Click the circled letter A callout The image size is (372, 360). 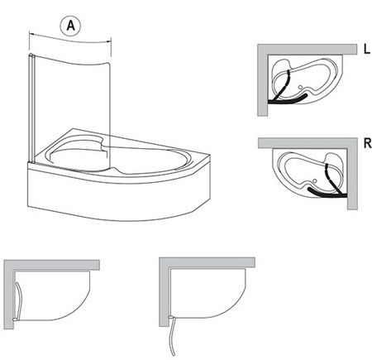[x=70, y=26]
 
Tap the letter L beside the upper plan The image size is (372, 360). [x=367, y=49]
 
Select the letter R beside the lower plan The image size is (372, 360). [x=367, y=143]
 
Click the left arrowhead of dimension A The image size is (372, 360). [x=31, y=34]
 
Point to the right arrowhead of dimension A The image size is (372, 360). [x=109, y=41]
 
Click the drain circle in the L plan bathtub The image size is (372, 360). [x=300, y=87]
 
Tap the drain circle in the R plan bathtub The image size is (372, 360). [x=315, y=181]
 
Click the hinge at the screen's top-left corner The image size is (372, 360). [x=31, y=55]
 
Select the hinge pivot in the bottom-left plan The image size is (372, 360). [x=15, y=319]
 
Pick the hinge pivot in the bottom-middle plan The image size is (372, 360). [x=172, y=318]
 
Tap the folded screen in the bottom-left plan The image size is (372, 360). [x=18, y=300]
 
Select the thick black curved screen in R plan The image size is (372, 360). [x=327, y=194]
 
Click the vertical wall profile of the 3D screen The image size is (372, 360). [x=31, y=109]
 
